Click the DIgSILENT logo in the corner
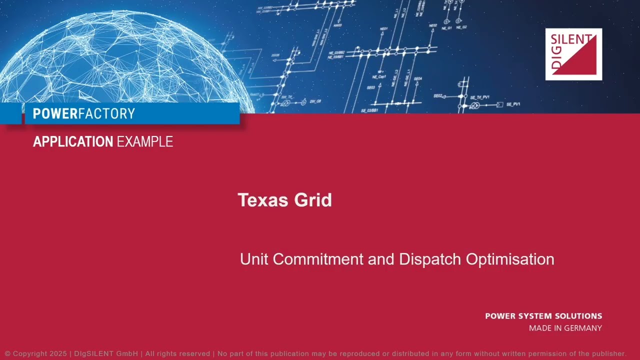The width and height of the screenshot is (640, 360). (573, 54)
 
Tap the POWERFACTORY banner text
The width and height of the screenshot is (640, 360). (83, 114)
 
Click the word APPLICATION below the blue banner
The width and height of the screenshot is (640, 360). (73, 142)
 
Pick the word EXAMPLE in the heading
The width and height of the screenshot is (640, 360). (144, 142)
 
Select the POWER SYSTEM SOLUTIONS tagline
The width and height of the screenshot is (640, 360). (543, 316)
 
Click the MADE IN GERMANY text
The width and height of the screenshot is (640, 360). (565, 328)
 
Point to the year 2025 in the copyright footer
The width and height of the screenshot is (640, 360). (58, 353)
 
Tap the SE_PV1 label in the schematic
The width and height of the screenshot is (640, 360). (513, 104)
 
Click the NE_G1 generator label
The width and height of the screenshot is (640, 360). (446, 28)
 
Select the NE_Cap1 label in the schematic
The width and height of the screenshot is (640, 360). (379, 77)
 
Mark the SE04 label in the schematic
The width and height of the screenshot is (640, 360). (418, 79)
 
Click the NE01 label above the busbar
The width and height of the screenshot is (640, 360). (383, 29)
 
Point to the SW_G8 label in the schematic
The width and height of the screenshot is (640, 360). (315, 101)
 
